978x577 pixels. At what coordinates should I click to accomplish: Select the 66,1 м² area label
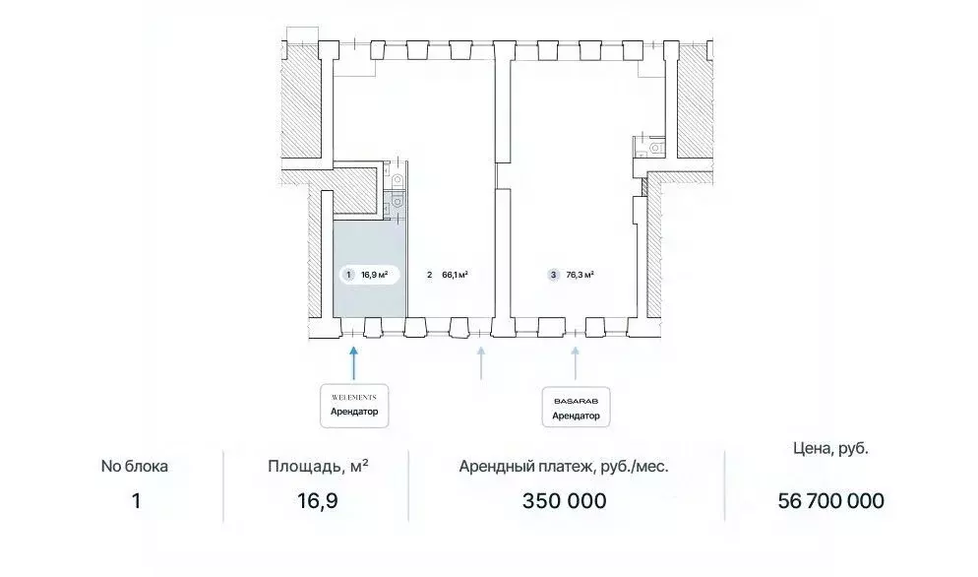[454, 276]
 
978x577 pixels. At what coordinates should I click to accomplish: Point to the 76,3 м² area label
[580, 276]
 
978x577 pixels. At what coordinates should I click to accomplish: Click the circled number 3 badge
[554, 276]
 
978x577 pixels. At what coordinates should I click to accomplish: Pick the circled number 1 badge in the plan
[347, 276]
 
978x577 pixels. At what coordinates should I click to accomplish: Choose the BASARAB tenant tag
[576, 405]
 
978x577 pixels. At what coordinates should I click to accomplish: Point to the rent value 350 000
[564, 501]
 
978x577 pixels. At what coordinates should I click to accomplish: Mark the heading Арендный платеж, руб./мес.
[564, 467]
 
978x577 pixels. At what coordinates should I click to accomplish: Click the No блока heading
[136, 467]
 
